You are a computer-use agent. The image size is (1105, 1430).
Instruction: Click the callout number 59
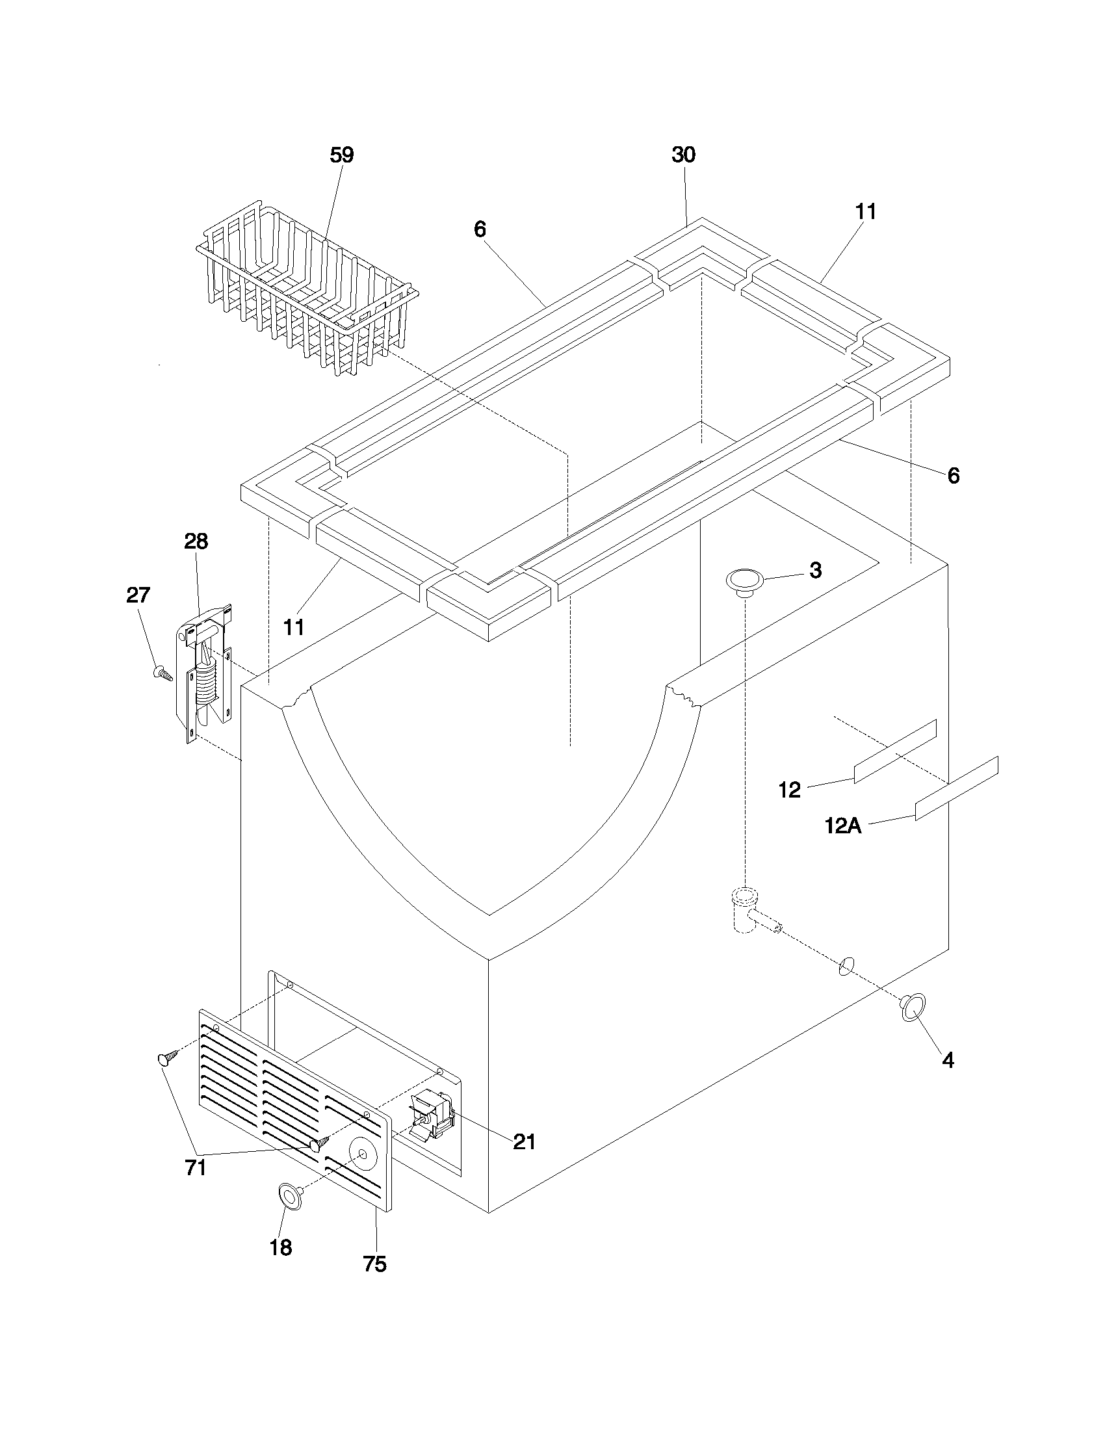coord(341,155)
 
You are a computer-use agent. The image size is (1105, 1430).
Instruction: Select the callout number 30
coord(683,155)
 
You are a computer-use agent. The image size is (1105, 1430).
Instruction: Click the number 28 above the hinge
coord(196,541)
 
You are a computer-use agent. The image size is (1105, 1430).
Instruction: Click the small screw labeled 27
coord(162,673)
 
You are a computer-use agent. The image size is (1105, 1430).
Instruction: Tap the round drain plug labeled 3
coord(745,580)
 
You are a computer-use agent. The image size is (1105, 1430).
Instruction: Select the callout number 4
coord(948,1060)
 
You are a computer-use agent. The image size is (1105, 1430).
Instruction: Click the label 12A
coord(842,826)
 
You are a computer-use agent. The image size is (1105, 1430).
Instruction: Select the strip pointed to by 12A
coord(955,788)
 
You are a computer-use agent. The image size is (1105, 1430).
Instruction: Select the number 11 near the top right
coord(865,212)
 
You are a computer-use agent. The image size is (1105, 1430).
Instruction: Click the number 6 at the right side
coord(953,476)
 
